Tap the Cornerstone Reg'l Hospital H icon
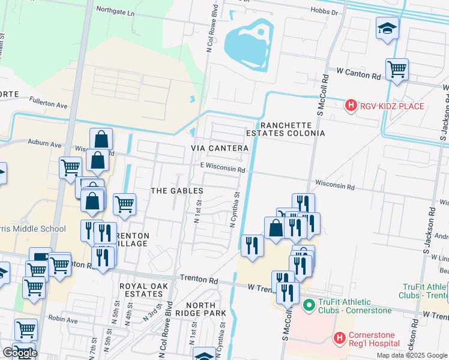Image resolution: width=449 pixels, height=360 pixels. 339,338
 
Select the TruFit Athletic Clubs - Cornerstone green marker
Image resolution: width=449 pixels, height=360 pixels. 310,306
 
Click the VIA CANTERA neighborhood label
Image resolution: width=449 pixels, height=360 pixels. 220,148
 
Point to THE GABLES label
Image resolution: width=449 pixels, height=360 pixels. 176,191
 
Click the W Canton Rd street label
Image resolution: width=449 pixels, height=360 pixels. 358,76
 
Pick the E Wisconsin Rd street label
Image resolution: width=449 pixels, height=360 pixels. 223,170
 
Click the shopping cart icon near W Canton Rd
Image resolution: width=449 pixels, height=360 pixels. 397,69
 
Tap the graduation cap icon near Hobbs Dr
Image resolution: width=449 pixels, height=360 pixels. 387,28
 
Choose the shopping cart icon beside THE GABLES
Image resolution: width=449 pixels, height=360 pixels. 124,203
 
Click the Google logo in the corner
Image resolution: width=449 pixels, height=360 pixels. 20,353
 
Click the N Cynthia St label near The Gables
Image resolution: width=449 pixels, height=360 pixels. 235,209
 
